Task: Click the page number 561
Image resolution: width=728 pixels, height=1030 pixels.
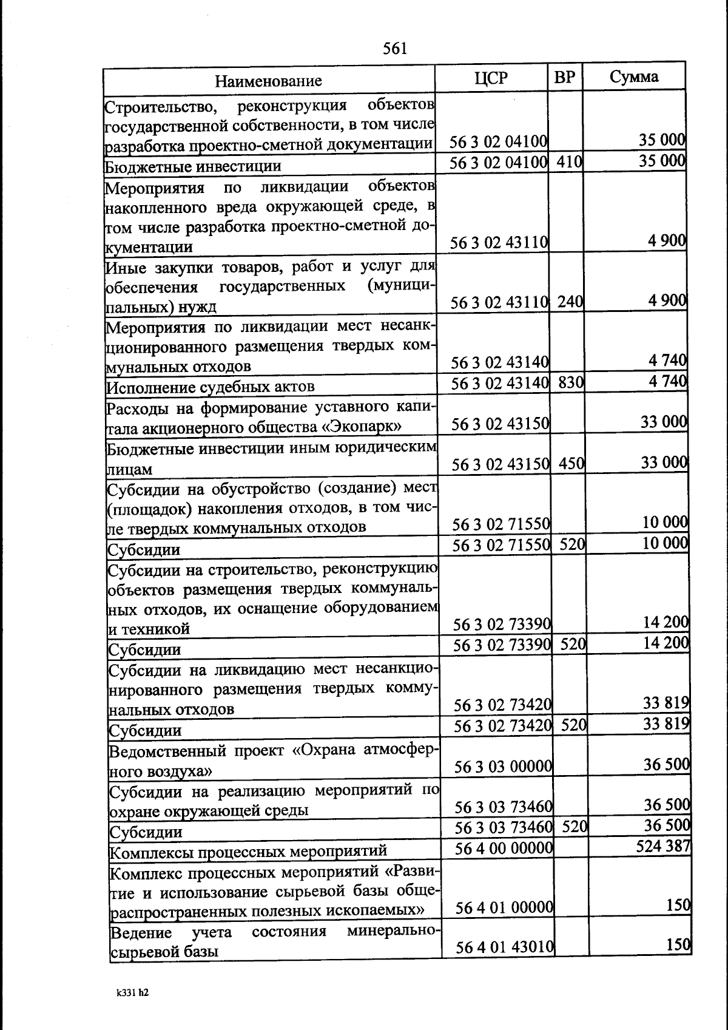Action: (x=395, y=49)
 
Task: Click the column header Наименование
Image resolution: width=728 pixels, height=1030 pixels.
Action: (x=268, y=81)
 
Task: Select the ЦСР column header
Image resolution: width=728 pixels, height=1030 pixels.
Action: (x=491, y=78)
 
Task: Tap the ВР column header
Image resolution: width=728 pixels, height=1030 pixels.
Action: (x=565, y=78)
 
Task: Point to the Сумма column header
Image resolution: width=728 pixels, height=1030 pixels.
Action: (x=634, y=77)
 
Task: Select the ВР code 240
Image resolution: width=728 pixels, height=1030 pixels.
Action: (x=570, y=301)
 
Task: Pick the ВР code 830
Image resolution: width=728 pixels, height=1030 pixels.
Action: (x=571, y=382)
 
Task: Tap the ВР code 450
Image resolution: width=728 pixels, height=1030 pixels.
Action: (x=571, y=464)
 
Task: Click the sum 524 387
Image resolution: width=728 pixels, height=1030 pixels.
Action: (x=662, y=845)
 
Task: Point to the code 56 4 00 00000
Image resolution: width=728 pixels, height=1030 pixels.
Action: (x=504, y=847)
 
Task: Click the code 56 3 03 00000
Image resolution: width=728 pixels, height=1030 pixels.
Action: (x=503, y=767)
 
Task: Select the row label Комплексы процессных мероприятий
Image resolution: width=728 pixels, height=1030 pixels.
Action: (x=248, y=851)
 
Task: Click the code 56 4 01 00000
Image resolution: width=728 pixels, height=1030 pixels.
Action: (x=504, y=907)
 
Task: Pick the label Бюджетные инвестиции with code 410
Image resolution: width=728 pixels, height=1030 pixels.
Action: (x=193, y=166)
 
